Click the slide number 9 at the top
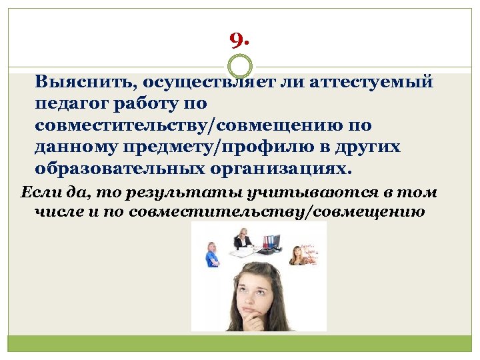pyautogui.click(x=239, y=42)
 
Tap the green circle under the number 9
pyautogui.click(x=240, y=66)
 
